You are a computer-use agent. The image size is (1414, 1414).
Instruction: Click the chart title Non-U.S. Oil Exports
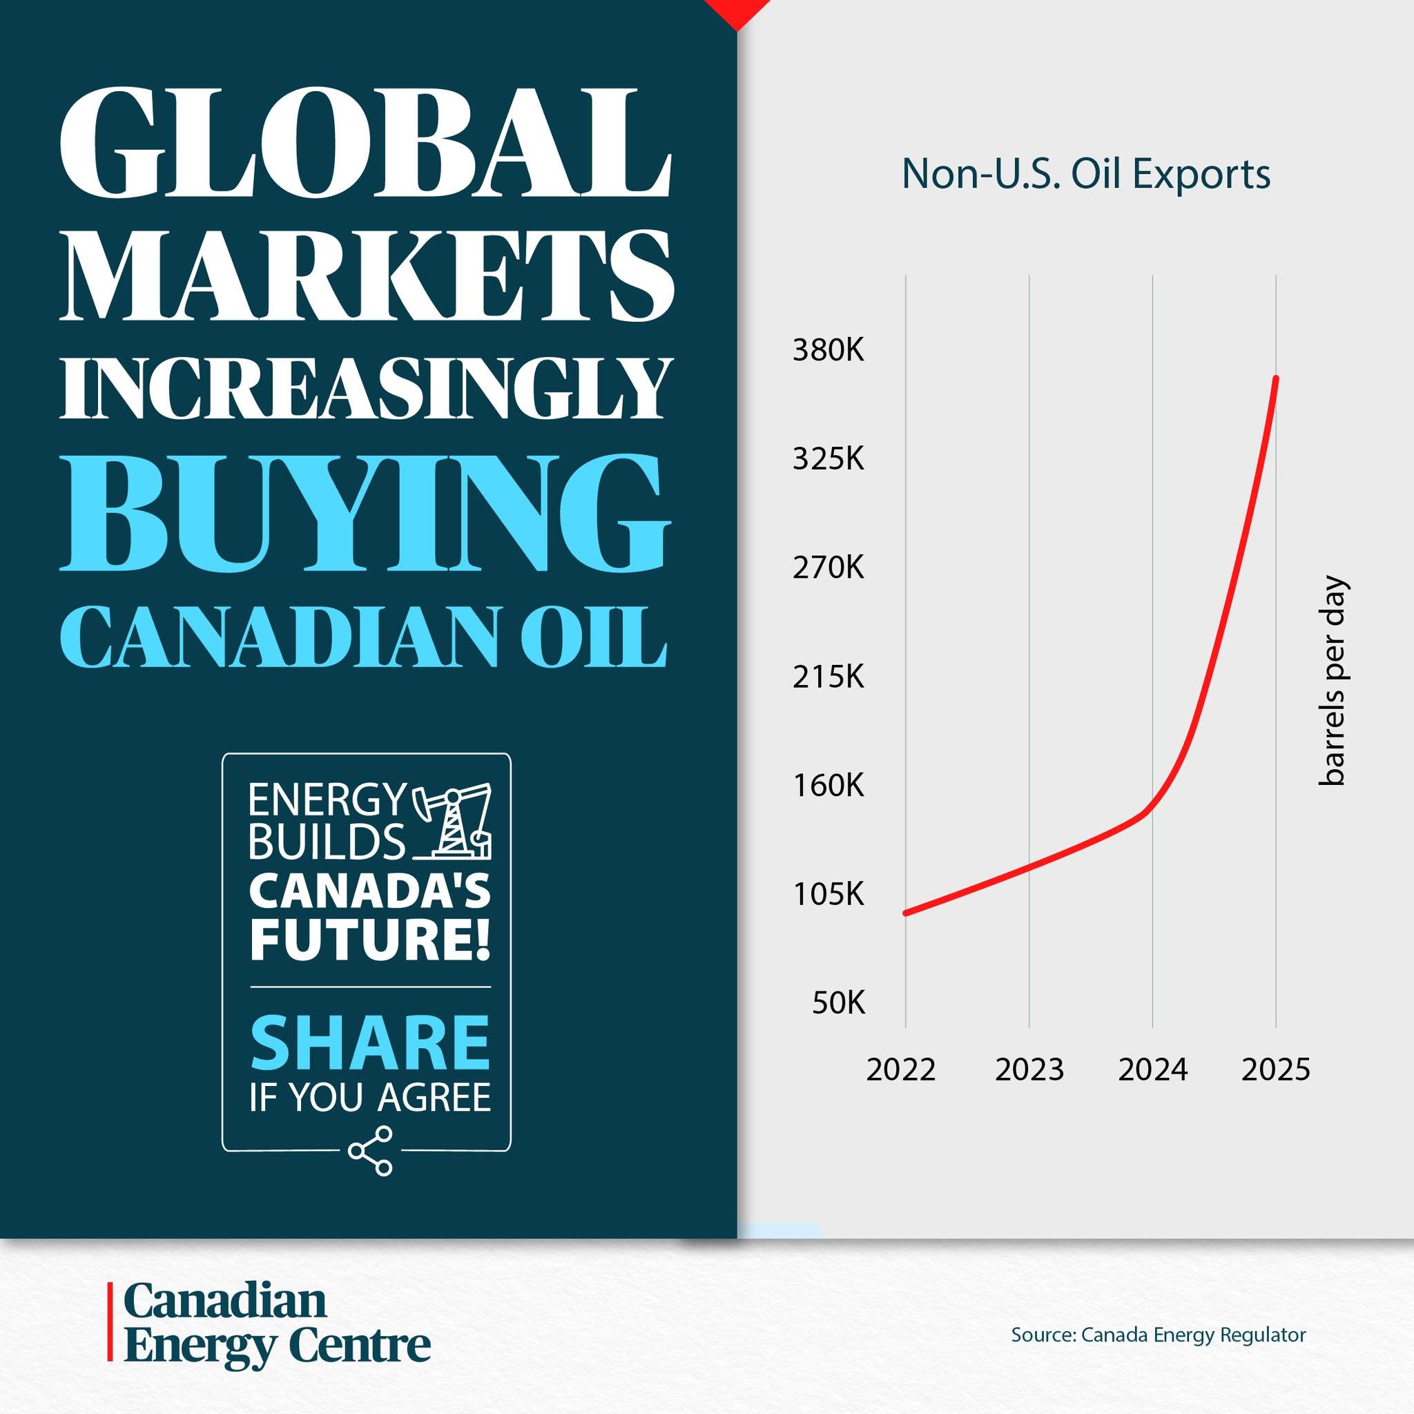click(1085, 174)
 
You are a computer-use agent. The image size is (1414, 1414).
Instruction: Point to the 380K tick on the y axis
click(828, 351)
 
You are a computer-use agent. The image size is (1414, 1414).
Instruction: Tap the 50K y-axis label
click(838, 1003)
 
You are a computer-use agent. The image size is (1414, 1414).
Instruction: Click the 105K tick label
click(828, 893)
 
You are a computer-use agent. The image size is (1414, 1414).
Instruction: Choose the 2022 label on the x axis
click(901, 1069)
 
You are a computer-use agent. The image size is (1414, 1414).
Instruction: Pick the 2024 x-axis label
click(1153, 1069)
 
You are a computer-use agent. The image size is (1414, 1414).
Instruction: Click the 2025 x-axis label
click(1276, 1069)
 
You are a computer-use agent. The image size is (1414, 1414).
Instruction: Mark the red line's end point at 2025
click(1277, 378)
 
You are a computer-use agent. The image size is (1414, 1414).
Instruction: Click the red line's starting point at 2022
click(906, 913)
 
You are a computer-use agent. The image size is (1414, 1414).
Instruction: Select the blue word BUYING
click(365, 512)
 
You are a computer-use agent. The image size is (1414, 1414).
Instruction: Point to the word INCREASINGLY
click(365, 388)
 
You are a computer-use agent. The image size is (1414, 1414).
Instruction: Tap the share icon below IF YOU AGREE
click(371, 1151)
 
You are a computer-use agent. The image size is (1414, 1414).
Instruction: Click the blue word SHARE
click(369, 1042)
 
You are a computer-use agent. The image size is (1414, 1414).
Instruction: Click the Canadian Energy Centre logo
click(269, 1321)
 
